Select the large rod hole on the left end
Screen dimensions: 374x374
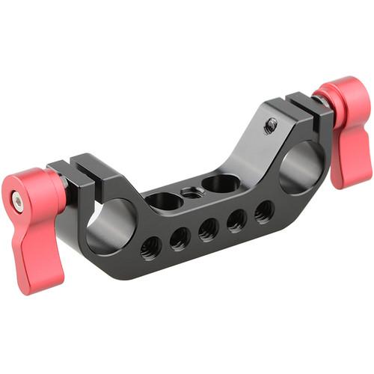tap(110, 225)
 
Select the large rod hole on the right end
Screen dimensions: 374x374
tap(302, 166)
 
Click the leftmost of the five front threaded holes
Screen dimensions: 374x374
tap(150, 246)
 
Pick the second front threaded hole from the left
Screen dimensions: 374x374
tap(180, 238)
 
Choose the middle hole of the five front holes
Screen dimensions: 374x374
tap(209, 229)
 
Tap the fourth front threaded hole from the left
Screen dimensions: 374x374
tap(237, 220)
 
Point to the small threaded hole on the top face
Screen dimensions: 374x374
tap(193, 193)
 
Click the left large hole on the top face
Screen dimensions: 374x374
tap(164, 200)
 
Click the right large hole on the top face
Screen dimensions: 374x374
tap(221, 183)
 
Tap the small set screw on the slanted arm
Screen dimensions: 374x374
tap(271, 124)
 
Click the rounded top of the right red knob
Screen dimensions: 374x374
tap(341, 90)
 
